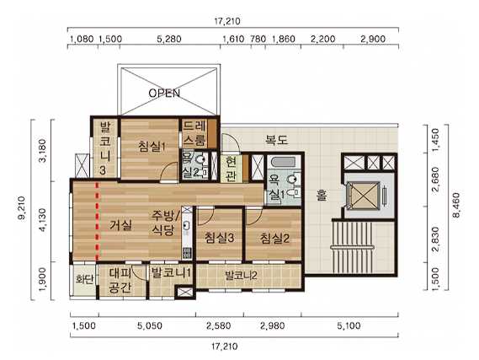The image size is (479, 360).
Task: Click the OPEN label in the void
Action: [x=164, y=93]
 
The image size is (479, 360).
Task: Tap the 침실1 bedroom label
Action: [x=152, y=146]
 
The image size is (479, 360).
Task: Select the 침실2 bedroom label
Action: [x=275, y=239]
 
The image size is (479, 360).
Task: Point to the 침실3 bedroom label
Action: [x=220, y=238]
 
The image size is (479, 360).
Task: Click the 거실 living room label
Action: [x=121, y=225]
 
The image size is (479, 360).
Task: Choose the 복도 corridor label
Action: [x=276, y=140]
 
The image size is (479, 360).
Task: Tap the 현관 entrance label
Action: [x=232, y=169]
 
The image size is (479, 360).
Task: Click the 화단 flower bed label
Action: [x=85, y=279]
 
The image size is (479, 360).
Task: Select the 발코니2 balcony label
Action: [x=241, y=276]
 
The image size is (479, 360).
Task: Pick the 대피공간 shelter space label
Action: [x=120, y=280]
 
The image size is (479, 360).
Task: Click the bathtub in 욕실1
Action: [x=283, y=162]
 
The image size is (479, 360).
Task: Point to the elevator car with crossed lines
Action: [x=363, y=196]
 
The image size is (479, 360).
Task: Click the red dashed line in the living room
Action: [x=98, y=222]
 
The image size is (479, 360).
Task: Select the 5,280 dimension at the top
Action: [x=169, y=39]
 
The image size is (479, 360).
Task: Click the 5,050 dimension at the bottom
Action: [x=149, y=325]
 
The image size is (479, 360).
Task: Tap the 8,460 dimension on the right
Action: [x=455, y=205]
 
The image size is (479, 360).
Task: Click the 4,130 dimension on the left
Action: [x=43, y=220]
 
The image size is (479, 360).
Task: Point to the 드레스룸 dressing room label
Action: [x=195, y=133]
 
